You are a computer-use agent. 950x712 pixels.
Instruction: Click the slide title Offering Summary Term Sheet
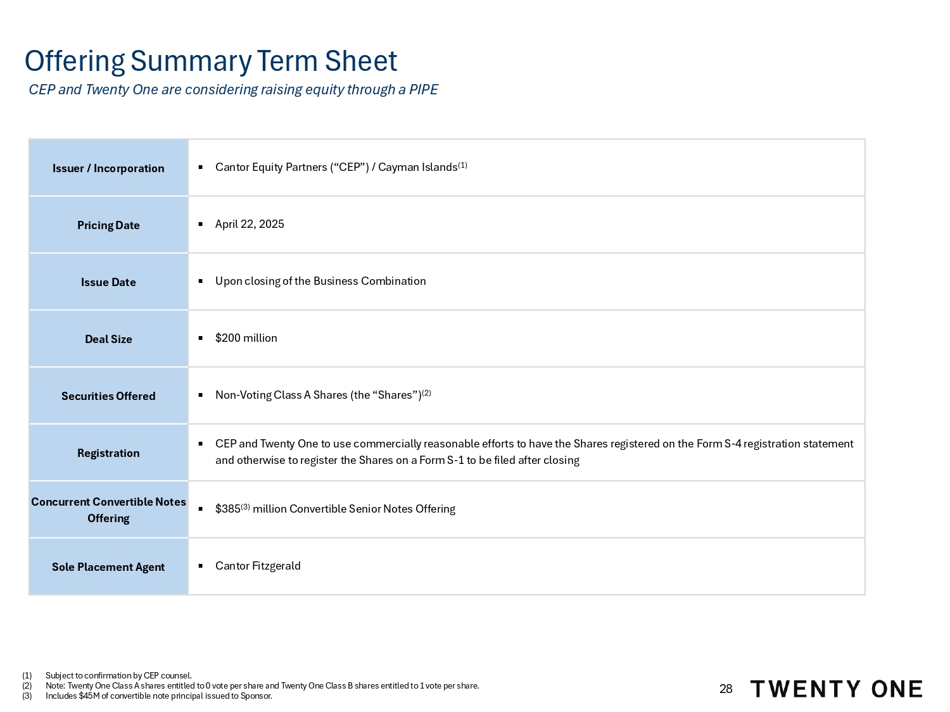(211, 61)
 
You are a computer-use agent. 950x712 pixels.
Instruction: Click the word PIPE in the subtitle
(423, 90)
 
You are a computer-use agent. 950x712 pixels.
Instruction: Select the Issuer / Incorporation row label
(108, 168)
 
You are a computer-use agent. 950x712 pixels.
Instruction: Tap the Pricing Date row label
(108, 225)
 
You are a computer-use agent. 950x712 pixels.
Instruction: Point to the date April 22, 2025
(250, 224)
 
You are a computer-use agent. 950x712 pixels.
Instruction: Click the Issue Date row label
(108, 282)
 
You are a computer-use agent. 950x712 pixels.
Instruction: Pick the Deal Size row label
(108, 339)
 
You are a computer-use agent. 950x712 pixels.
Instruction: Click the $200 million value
(246, 338)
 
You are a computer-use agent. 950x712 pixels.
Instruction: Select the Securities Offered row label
(108, 396)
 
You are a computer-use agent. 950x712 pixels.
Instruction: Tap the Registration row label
(108, 453)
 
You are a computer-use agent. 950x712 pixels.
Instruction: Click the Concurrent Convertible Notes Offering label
(108, 509)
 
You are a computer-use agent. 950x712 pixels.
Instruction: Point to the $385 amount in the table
(228, 509)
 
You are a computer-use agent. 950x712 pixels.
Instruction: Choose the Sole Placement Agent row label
(108, 567)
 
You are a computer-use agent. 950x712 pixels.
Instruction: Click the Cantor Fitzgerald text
(258, 566)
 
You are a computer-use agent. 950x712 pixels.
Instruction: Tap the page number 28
(726, 689)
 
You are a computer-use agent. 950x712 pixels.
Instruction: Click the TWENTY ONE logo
(836, 689)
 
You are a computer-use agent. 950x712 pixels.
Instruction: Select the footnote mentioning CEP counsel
(118, 676)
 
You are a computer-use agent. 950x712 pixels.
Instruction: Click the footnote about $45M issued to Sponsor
(158, 696)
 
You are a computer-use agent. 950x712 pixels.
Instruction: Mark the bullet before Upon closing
(200, 281)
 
